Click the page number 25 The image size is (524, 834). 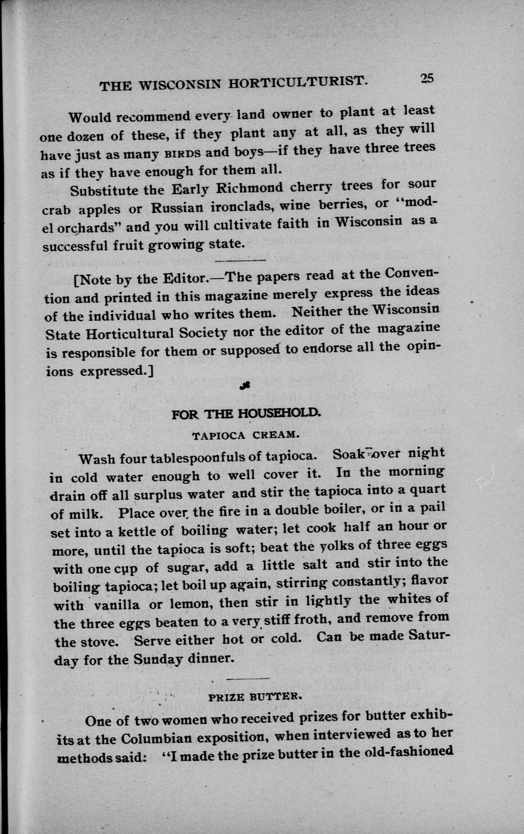click(427, 78)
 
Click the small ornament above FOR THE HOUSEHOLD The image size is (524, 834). click(245, 385)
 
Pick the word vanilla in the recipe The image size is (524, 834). click(122, 605)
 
